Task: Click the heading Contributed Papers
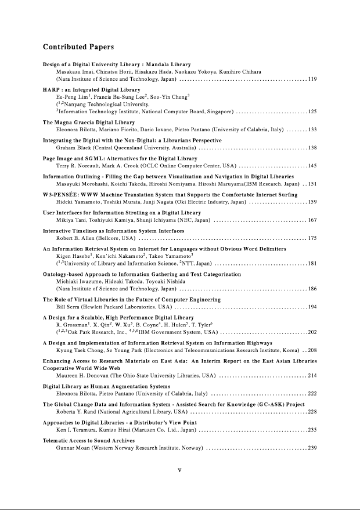click(x=78, y=46)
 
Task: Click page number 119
click(x=312, y=78)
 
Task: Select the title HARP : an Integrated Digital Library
click(x=92, y=90)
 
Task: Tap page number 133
click(x=312, y=130)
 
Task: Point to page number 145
click(x=312, y=166)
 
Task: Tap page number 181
click(x=312, y=264)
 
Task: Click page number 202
click(x=312, y=332)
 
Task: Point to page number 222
click(x=312, y=393)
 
